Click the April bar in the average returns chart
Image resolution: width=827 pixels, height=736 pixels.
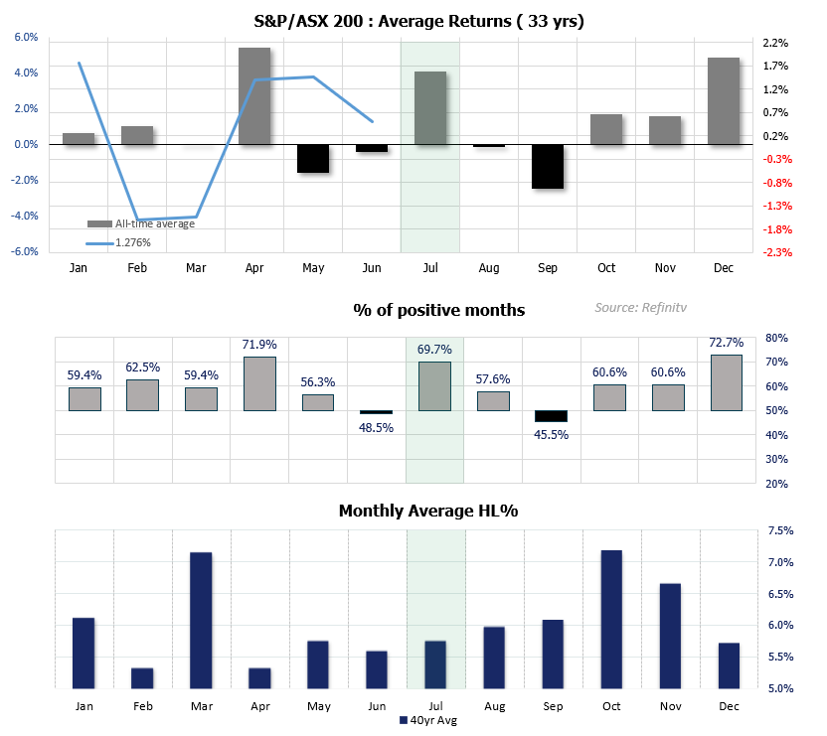click(x=254, y=96)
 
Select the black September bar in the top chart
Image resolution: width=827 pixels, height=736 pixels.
click(x=548, y=166)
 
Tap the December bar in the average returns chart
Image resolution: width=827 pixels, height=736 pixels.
click(x=724, y=101)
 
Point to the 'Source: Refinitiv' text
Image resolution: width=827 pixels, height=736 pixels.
click(x=641, y=308)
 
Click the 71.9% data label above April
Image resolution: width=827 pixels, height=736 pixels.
click(x=258, y=345)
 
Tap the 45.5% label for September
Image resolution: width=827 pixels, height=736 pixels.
click(x=552, y=435)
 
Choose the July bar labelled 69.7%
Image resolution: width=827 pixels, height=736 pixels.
click(x=434, y=385)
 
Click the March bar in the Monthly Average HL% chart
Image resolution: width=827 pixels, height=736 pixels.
click(x=201, y=620)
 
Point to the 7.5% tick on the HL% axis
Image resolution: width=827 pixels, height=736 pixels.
click(x=781, y=531)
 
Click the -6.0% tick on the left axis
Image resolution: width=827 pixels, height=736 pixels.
click(x=24, y=252)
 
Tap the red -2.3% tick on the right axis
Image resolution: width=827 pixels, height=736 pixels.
click(x=777, y=252)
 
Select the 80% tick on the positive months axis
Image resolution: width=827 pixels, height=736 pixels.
click(x=777, y=338)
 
